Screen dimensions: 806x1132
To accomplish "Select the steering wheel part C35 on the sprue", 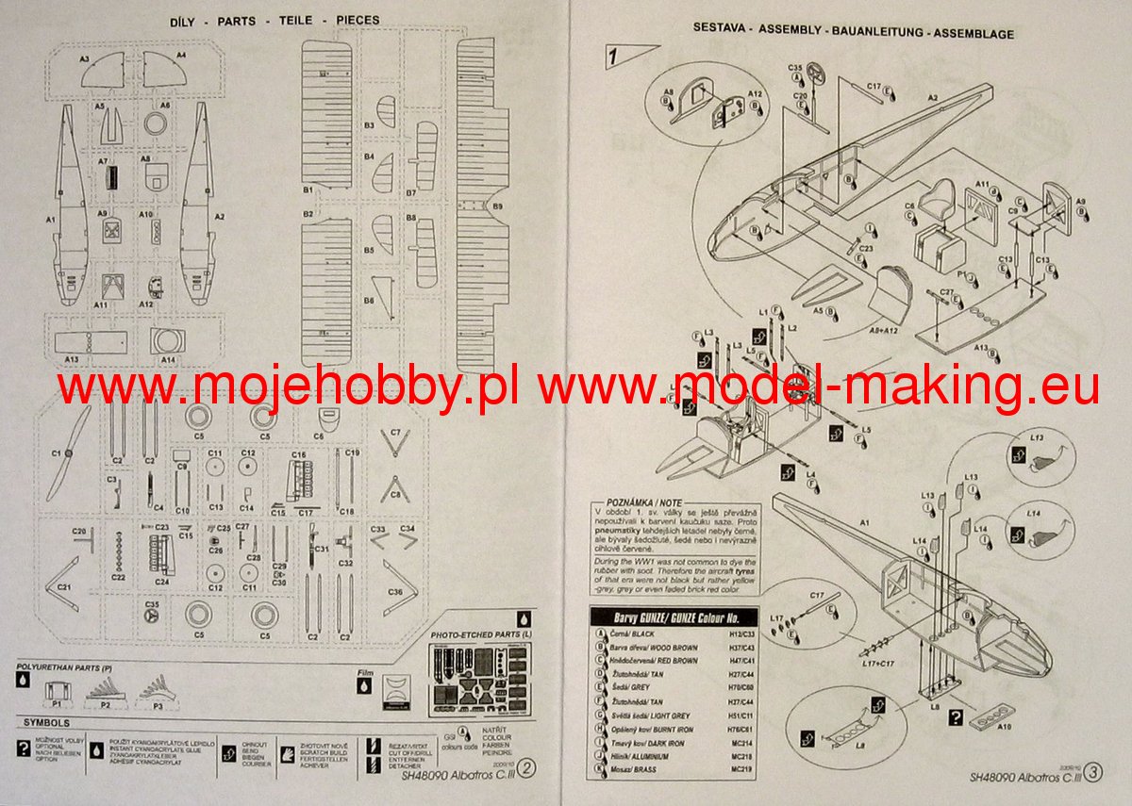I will [x=152, y=616].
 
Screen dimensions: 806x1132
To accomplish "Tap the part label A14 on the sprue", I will [x=169, y=360].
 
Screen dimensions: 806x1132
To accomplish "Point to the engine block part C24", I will [x=159, y=557].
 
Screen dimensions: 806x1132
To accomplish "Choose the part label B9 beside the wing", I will [x=497, y=206].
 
